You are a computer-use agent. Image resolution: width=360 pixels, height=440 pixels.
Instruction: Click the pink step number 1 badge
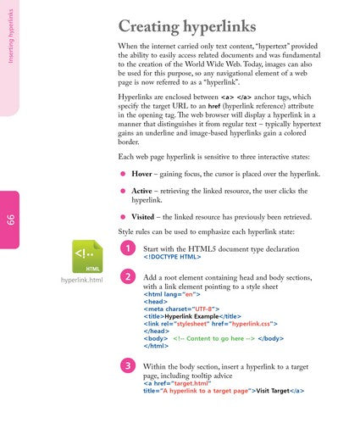127,248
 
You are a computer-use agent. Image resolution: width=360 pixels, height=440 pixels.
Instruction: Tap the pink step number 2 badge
127,277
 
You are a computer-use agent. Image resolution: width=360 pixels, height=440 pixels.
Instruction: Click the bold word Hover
141,174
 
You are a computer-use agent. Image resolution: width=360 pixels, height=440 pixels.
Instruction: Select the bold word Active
142,192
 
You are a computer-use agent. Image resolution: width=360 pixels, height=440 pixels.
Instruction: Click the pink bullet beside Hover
123,174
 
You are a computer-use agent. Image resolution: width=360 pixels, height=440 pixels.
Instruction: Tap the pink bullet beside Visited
123,217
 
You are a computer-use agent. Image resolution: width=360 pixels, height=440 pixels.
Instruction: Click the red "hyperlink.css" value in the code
253,324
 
